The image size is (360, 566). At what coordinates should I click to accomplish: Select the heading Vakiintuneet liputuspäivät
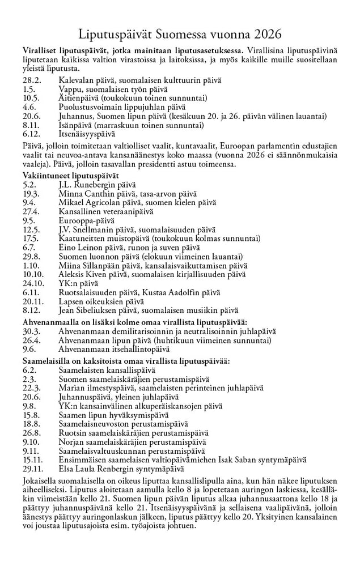tap(70, 176)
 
